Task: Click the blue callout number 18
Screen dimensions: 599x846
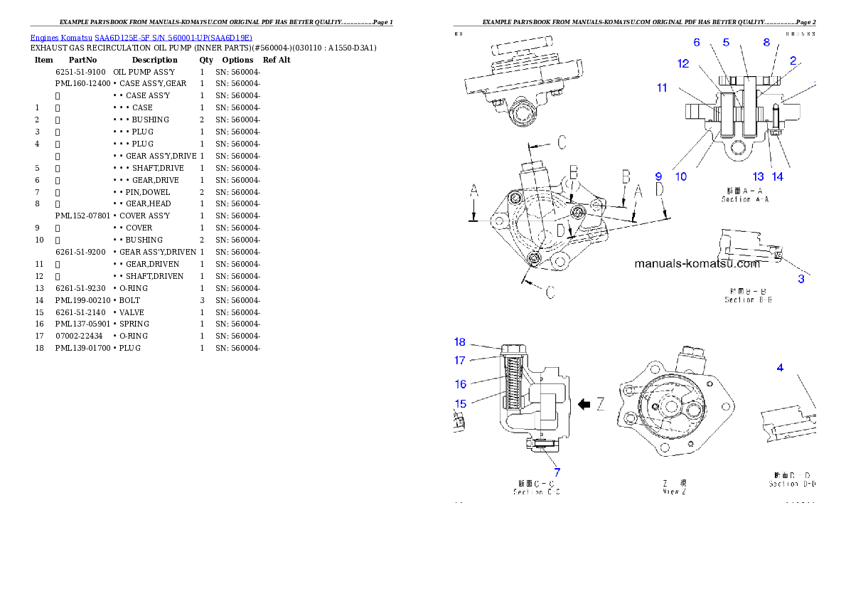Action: pyautogui.click(x=460, y=342)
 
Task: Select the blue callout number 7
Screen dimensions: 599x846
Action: pyautogui.click(x=557, y=471)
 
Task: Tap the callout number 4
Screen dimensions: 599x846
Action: pyautogui.click(x=780, y=368)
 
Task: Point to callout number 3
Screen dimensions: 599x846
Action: pyautogui.click(x=801, y=279)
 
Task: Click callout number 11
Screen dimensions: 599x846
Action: pyautogui.click(x=662, y=88)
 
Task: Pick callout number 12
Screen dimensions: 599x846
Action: pyautogui.click(x=683, y=63)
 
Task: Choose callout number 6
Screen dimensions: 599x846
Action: pyautogui.click(x=697, y=43)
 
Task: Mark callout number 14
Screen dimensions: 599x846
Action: pyautogui.click(x=778, y=176)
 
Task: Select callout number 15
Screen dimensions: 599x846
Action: pyautogui.click(x=460, y=403)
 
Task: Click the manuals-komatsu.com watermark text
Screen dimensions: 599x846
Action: pyautogui.click(x=697, y=263)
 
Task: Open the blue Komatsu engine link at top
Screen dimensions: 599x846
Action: pyautogui.click(x=141, y=38)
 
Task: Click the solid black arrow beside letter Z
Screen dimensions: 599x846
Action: pyautogui.click(x=584, y=405)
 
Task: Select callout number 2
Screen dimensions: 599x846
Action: pyautogui.click(x=792, y=61)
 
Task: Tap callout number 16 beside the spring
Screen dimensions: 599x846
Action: pyautogui.click(x=460, y=384)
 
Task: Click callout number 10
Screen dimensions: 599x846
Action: pyautogui.click(x=680, y=176)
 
